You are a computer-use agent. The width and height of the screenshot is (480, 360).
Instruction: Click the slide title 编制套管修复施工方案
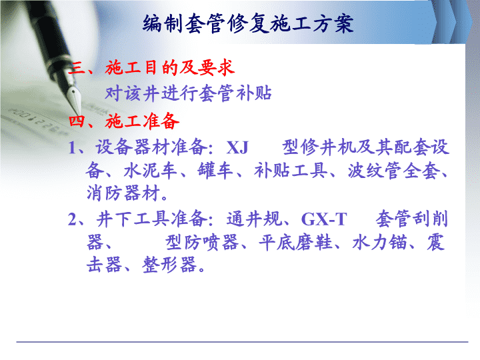point(248,23)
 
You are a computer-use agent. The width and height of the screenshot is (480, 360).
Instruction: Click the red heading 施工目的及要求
point(170,67)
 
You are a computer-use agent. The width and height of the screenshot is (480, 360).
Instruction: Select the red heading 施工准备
point(142,121)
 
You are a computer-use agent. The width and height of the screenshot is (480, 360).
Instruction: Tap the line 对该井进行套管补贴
point(188,93)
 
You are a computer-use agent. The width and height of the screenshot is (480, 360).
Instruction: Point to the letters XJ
point(237,147)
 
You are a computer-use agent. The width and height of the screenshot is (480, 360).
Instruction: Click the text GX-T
point(324,219)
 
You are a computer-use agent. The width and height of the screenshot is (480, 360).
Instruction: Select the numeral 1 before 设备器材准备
point(71,147)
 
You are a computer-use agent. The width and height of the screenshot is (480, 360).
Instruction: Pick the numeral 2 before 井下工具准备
point(72,219)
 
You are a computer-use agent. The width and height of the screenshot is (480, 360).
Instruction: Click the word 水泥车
point(151,171)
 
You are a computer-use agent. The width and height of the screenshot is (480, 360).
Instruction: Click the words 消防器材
point(124,193)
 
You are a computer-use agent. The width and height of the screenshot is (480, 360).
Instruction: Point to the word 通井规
point(254,219)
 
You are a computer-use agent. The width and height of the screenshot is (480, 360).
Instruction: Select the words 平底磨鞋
point(296,243)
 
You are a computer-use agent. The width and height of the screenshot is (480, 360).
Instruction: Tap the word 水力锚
point(379,243)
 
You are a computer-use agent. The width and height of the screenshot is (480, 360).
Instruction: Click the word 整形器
point(169,265)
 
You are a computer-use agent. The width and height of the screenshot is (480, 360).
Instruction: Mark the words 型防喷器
point(203,243)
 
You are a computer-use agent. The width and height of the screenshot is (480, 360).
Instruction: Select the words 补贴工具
point(291,171)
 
